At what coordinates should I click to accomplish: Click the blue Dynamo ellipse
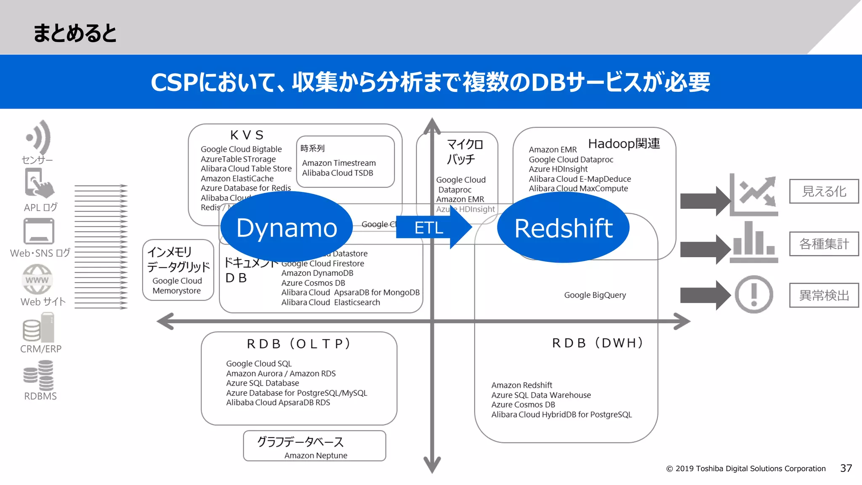point(286,228)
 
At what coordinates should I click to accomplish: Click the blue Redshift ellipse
point(563,228)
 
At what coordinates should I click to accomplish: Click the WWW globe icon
point(37,280)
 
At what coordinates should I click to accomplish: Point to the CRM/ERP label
point(41,349)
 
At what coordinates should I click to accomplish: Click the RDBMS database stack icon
point(39,376)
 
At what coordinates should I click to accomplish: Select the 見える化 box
point(823,192)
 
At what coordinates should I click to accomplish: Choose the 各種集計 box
point(823,244)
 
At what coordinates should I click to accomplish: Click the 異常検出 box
point(823,295)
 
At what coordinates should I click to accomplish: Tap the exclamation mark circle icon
point(753,294)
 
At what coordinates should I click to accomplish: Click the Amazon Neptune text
point(316,456)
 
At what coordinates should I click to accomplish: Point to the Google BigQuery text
point(595,295)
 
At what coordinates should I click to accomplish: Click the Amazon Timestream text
point(339,163)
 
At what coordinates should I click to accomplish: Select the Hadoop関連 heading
point(624,144)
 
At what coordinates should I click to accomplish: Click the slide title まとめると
point(74,33)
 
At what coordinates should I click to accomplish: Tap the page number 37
point(846,468)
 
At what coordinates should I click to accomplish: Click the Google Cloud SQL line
point(259,363)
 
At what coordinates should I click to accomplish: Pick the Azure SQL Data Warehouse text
point(541,395)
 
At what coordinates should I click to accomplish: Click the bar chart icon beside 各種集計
point(753,242)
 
